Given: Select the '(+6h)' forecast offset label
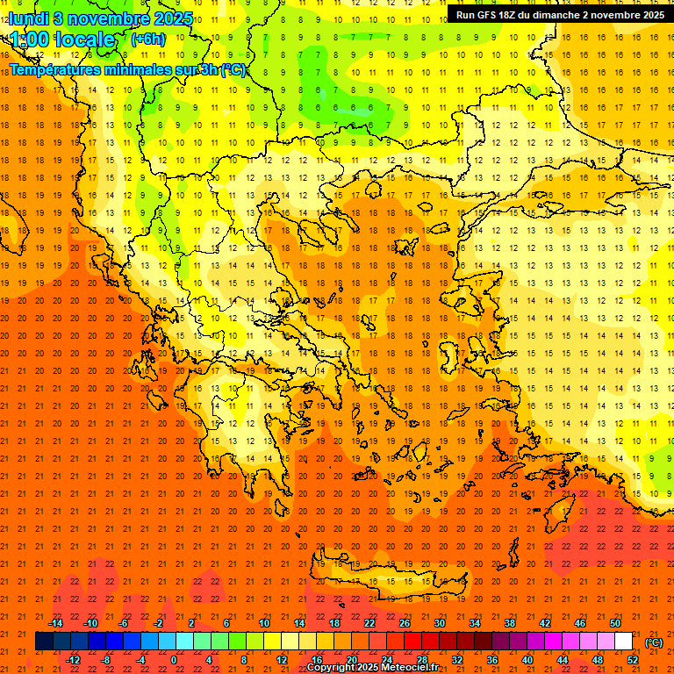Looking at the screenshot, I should click(147, 39).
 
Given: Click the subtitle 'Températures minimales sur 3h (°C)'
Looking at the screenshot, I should click(128, 70).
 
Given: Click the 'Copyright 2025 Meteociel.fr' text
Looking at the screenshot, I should click(372, 668).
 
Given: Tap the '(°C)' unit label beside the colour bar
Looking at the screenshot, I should click(654, 642).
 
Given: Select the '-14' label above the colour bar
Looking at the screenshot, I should click(54, 623).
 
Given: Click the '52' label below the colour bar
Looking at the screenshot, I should click(633, 660).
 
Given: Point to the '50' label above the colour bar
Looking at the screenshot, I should click(615, 623).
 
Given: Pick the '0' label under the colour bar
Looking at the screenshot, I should click(174, 660).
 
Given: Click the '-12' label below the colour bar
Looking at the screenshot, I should click(73, 660).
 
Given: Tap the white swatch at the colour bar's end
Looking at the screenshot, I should click(624, 642).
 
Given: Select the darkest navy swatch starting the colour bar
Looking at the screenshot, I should click(44, 642).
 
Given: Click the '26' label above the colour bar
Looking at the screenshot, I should click(405, 623).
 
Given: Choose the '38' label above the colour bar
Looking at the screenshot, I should click(510, 623).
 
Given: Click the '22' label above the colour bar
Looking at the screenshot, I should click(369, 623).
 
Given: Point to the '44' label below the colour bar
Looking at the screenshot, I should click(563, 660).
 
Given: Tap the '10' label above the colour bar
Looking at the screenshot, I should click(264, 623).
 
